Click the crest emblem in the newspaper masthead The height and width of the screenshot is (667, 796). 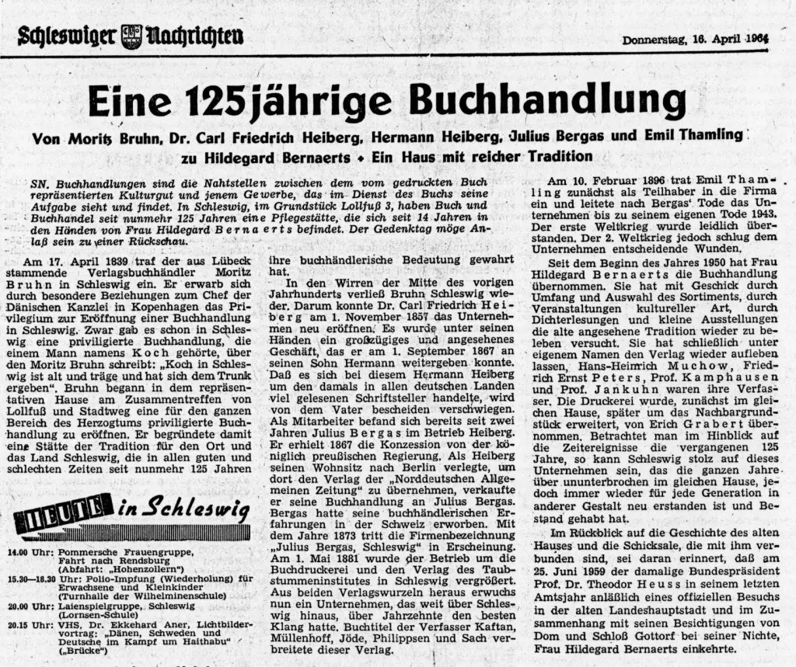coord(132,36)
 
